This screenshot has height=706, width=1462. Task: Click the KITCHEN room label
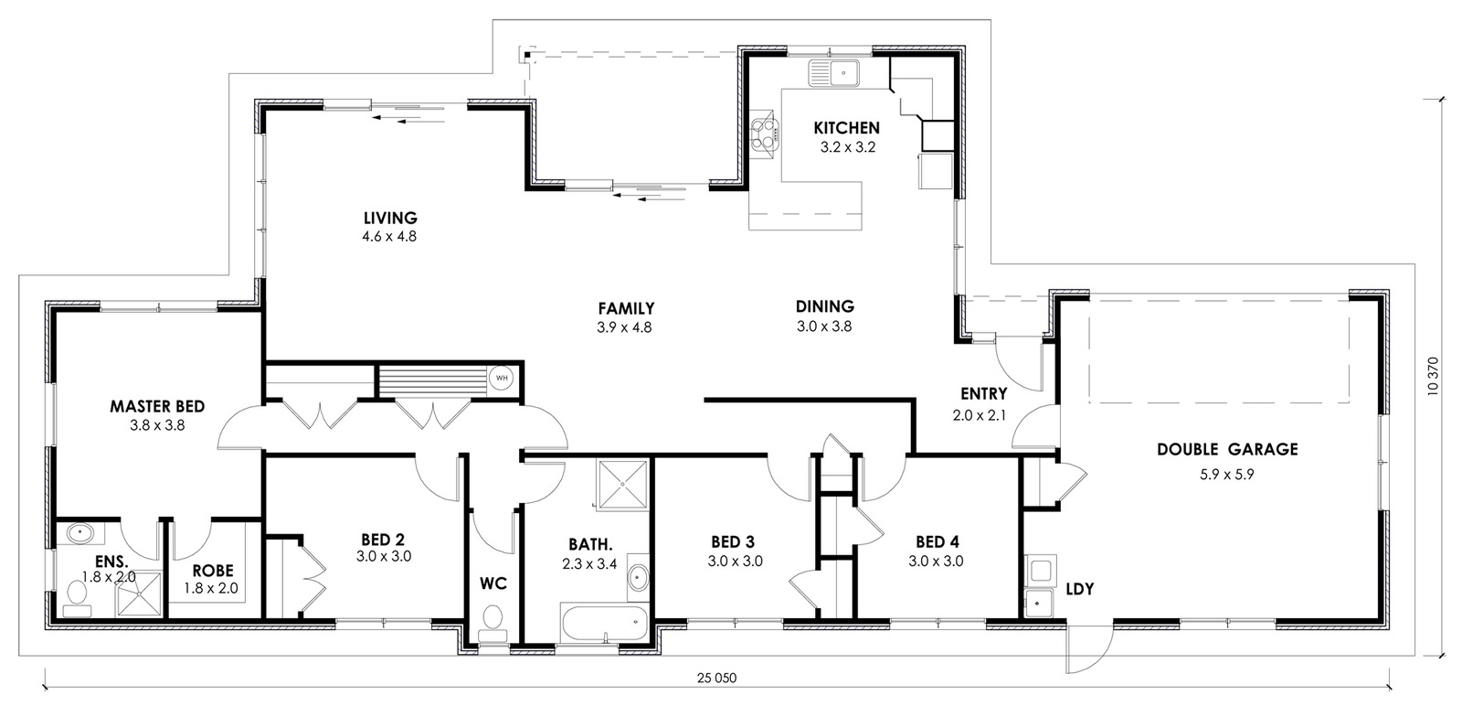(x=846, y=128)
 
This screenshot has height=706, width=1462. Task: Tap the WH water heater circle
(x=502, y=378)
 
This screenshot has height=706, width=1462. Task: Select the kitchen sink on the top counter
(x=835, y=73)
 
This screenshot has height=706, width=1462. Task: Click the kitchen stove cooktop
(x=765, y=134)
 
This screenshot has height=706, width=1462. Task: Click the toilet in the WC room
(x=493, y=624)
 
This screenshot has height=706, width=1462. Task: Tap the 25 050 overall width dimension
(x=716, y=678)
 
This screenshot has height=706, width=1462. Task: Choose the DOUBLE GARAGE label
(x=1227, y=449)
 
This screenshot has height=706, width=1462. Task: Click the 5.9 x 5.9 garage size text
(x=1227, y=475)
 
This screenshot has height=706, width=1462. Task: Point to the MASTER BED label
(x=157, y=406)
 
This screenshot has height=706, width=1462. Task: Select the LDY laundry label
(x=1079, y=589)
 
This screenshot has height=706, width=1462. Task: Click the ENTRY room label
(x=983, y=394)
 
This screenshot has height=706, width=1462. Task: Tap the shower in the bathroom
(x=622, y=484)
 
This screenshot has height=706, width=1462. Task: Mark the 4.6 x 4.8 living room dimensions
(x=389, y=237)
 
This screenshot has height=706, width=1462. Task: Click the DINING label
(x=825, y=306)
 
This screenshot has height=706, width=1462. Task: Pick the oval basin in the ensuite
(x=80, y=533)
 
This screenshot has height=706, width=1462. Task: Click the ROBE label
(x=213, y=571)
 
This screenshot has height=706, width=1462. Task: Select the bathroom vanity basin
(x=638, y=578)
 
